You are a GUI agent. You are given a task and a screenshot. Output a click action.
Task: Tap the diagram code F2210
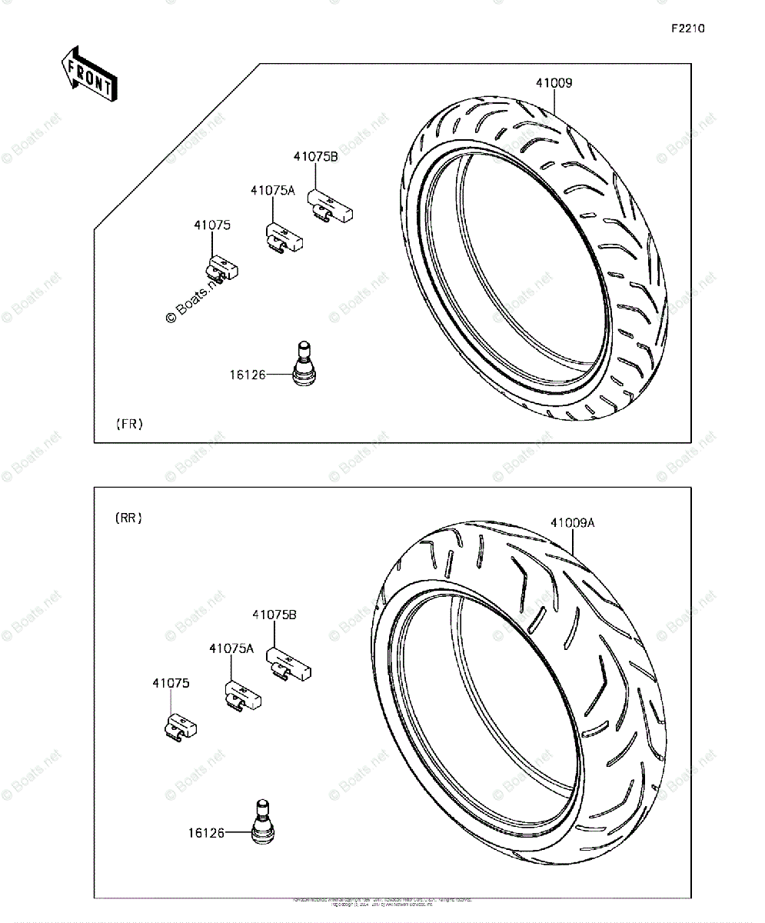[x=687, y=29]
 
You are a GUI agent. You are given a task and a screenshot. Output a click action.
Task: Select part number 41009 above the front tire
[x=554, y=83]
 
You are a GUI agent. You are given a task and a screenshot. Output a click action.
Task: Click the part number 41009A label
[x=572, y=523]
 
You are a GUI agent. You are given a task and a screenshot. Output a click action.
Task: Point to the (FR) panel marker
[x=129, y=424]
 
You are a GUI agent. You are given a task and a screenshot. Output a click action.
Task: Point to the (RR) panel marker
[x=129, y=518]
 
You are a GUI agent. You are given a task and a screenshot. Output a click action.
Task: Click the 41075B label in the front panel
[x=315, y=157]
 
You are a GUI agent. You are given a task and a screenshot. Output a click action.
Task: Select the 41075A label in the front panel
[x=272, y=190]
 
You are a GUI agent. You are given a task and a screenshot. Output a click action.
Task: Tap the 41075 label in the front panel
[x=211, y=225]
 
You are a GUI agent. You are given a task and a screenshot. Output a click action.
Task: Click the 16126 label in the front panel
[x=247, y=375]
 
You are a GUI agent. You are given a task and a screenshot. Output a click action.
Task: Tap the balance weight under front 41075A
[x=284, y=239]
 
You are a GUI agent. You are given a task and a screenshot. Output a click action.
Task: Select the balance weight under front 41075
[x=221, y=268]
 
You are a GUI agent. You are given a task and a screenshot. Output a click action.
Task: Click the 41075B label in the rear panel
[x=274, y=615]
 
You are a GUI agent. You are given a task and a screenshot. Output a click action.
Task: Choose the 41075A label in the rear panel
[x=231, y=648]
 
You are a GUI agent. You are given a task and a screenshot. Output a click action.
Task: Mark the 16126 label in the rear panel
[x=206, y=832]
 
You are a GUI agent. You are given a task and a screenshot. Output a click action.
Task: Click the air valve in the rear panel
[x=262, y=825]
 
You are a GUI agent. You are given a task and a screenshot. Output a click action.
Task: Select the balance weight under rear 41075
[x=181, y=725]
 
